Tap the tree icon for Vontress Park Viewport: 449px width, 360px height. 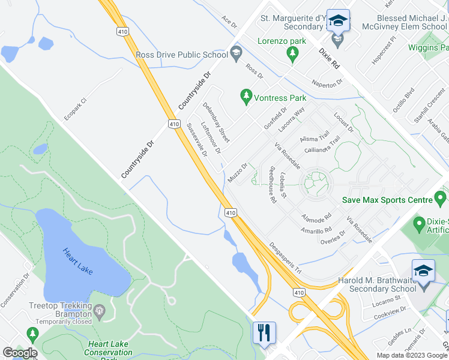[x=246, y=95]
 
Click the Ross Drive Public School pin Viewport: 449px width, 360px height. [x=236, y=54]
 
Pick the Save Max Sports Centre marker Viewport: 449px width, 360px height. [x=441, y=197]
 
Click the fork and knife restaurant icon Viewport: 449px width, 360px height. [x=264, y=333]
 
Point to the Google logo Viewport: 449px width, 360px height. [x=20, y=353]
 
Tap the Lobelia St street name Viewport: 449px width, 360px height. [x=283, y=188]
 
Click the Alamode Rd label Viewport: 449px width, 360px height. [x=317, y=216]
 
